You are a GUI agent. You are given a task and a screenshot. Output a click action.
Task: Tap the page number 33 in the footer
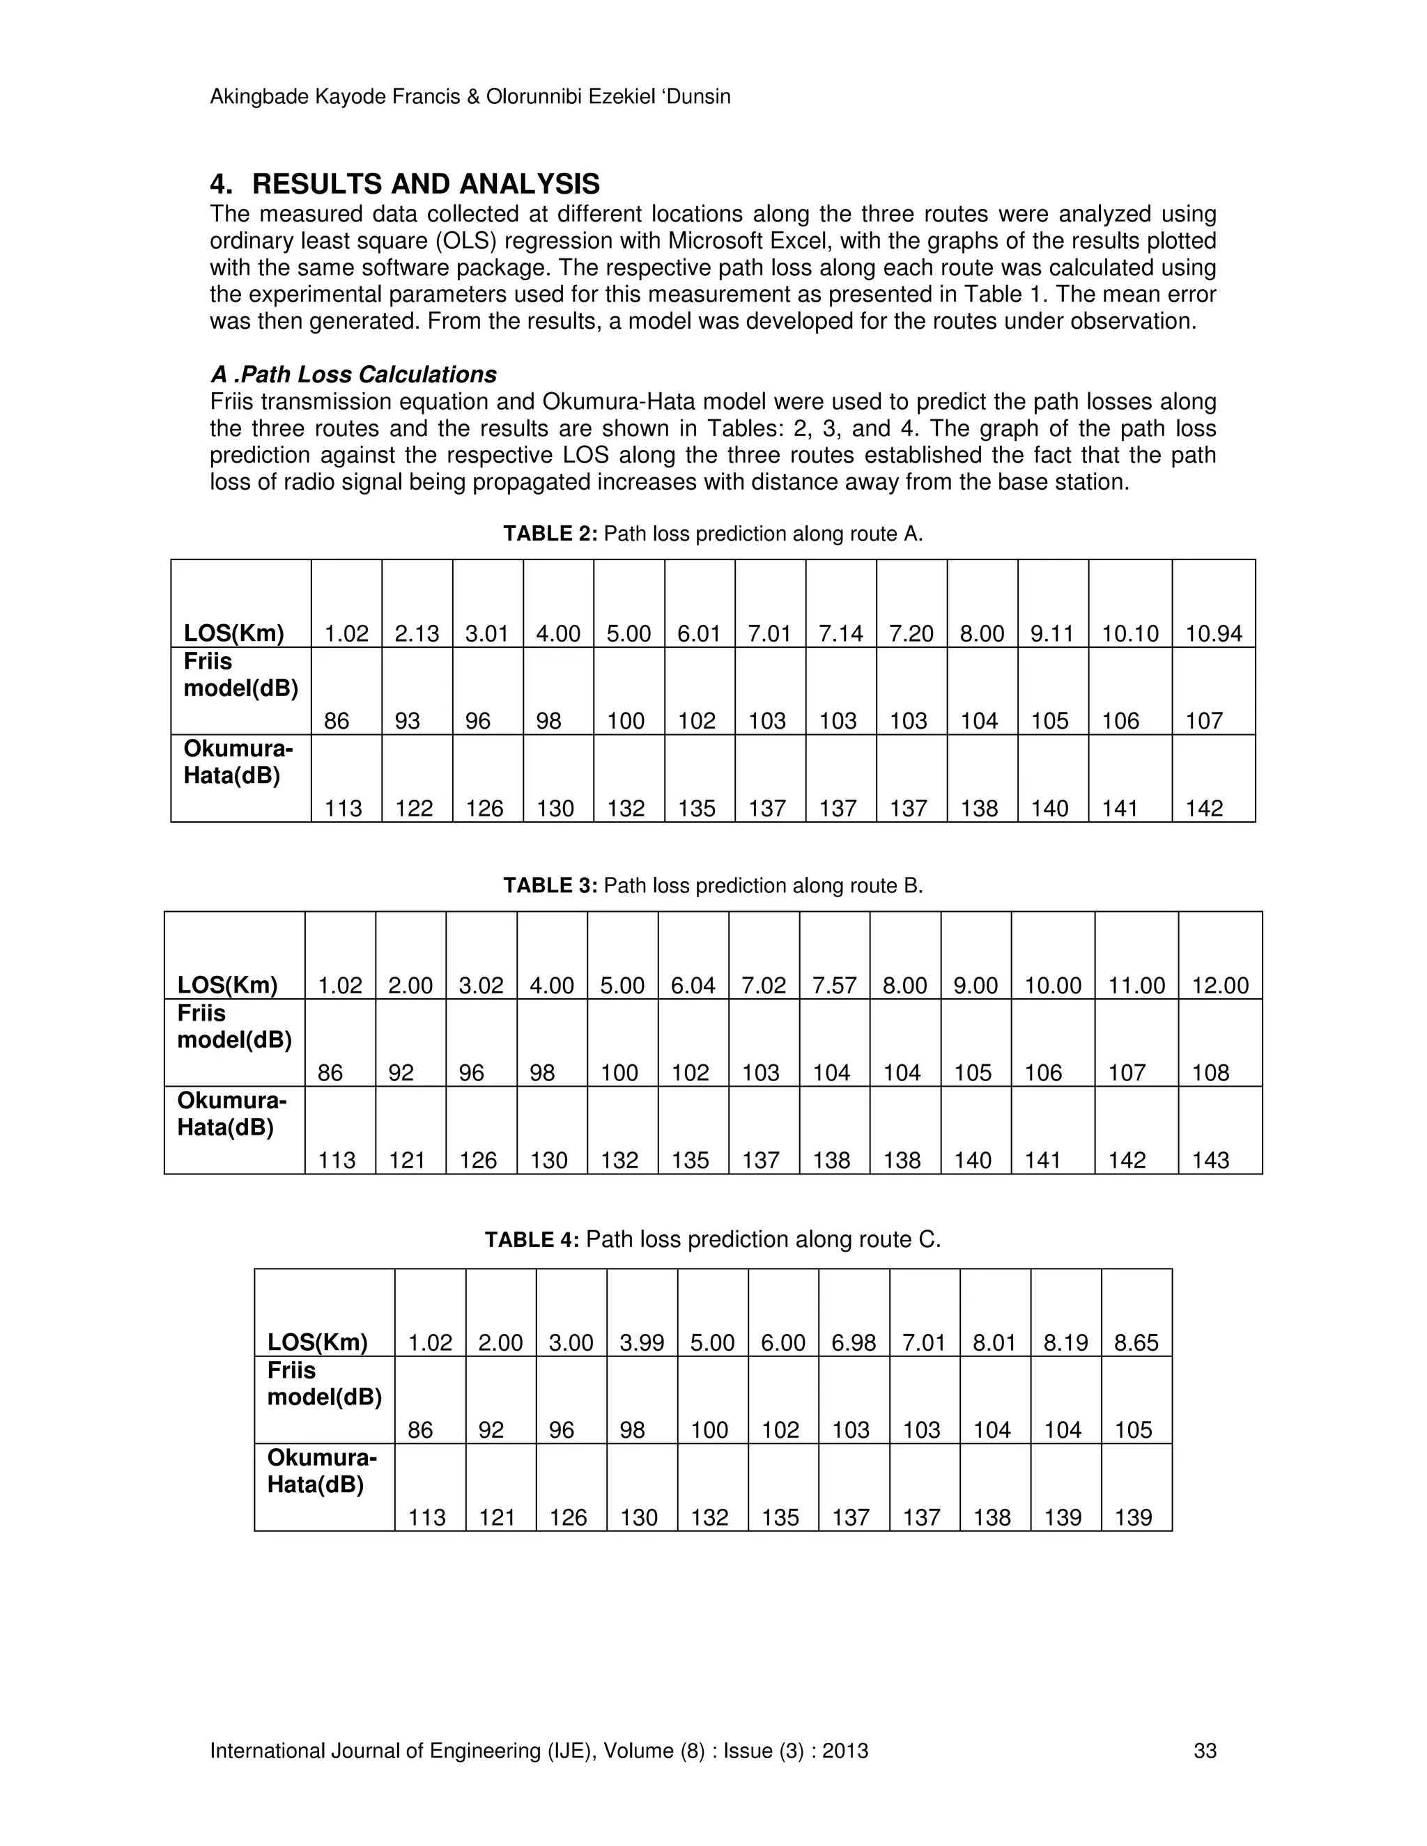[1205, 1751]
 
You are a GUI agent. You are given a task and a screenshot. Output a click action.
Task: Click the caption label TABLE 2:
[550, 534]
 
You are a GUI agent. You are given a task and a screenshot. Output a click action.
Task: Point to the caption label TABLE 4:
[532, 1240]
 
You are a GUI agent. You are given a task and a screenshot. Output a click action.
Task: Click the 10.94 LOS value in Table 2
[1213, 634]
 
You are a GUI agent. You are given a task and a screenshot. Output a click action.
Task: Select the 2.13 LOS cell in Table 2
[417, 634]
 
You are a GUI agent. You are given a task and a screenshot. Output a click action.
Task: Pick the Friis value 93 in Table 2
[408, 721]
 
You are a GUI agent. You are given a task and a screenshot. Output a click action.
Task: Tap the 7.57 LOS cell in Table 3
[833, 986]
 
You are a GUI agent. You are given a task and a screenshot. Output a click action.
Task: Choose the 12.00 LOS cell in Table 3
[1220, 986]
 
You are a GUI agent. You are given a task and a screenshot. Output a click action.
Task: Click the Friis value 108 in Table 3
[1210, 1073]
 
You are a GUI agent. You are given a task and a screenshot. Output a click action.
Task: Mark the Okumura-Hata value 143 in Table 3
[1210, 1161]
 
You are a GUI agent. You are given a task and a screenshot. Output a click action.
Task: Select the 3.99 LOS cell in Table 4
[642, 1343]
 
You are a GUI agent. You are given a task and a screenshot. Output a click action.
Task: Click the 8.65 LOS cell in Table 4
[1136, 1343]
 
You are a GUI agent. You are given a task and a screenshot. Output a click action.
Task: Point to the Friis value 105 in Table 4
[1133, 1430]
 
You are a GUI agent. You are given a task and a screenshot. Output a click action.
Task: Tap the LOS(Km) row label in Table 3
[227, 986]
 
